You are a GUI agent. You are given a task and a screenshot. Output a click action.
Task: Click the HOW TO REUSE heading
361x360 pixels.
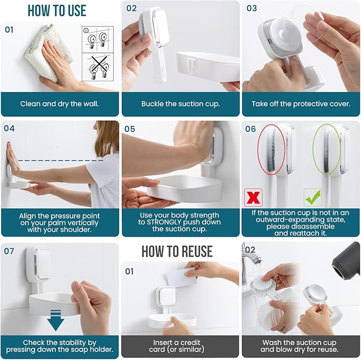(177, 251)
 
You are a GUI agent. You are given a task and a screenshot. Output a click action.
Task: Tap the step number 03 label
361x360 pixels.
(251, 8)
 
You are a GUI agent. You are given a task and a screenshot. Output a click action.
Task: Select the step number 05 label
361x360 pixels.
(131, 129)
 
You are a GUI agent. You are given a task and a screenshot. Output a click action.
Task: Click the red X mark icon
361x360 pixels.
(252, 197)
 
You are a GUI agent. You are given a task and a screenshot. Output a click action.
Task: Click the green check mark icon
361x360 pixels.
(312, 197)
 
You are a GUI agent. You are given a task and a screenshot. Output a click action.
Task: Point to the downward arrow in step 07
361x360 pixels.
(55, 321)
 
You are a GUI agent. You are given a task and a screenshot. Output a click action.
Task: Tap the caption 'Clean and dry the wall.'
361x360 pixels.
(60, 104)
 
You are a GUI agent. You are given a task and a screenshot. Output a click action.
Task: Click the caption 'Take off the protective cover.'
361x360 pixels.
(301, 104)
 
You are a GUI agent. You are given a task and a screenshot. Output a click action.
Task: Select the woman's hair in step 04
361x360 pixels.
(108, 138)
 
